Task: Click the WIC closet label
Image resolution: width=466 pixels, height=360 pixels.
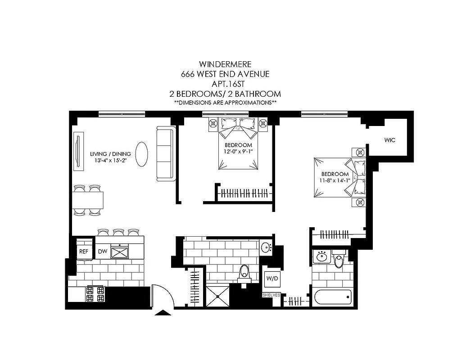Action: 389,140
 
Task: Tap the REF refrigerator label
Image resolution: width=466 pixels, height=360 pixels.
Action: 84,252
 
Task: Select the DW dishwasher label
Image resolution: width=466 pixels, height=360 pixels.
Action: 103,252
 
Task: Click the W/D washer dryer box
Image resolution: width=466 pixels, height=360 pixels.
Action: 271,279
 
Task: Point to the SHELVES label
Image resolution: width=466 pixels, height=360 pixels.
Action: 271,295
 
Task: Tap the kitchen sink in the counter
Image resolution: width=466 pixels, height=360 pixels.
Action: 120,252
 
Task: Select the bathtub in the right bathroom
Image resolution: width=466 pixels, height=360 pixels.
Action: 332,298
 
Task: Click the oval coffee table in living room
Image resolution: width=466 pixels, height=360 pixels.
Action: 141,154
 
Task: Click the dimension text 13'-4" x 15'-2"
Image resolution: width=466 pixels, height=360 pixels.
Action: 109,161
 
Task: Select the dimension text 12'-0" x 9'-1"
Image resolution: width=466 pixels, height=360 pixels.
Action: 238,152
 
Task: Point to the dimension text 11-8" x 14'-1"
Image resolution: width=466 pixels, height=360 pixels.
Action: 335,181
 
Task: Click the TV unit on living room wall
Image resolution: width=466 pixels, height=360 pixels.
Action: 78,152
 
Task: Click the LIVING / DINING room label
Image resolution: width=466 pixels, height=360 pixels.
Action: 110,154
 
